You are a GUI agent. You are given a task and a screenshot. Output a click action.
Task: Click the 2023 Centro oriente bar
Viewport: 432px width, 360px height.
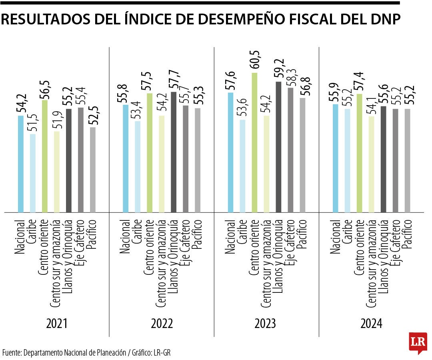tap(254, 142)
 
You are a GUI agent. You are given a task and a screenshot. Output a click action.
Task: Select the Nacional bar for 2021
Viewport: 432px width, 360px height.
tap(21, 164)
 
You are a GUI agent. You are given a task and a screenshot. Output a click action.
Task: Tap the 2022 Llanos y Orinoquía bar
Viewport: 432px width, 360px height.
tap(173, 152)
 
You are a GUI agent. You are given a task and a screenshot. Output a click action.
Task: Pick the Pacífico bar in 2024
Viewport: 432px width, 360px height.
tap(408, 160)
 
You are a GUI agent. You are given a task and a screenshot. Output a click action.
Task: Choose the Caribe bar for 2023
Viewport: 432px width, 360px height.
tap(242, 166)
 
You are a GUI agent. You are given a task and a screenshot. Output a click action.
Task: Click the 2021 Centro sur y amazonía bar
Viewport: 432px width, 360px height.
tap(56, 172)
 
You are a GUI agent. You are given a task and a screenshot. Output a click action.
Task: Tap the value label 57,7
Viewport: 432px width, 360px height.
tap(173, 80)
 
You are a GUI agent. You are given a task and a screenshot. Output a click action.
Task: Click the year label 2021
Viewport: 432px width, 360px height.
tap(56, 324)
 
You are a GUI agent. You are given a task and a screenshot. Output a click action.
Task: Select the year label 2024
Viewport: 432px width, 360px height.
tap(371, 324)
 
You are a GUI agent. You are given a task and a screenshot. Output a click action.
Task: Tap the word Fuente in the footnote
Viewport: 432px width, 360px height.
tap(11, 353)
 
